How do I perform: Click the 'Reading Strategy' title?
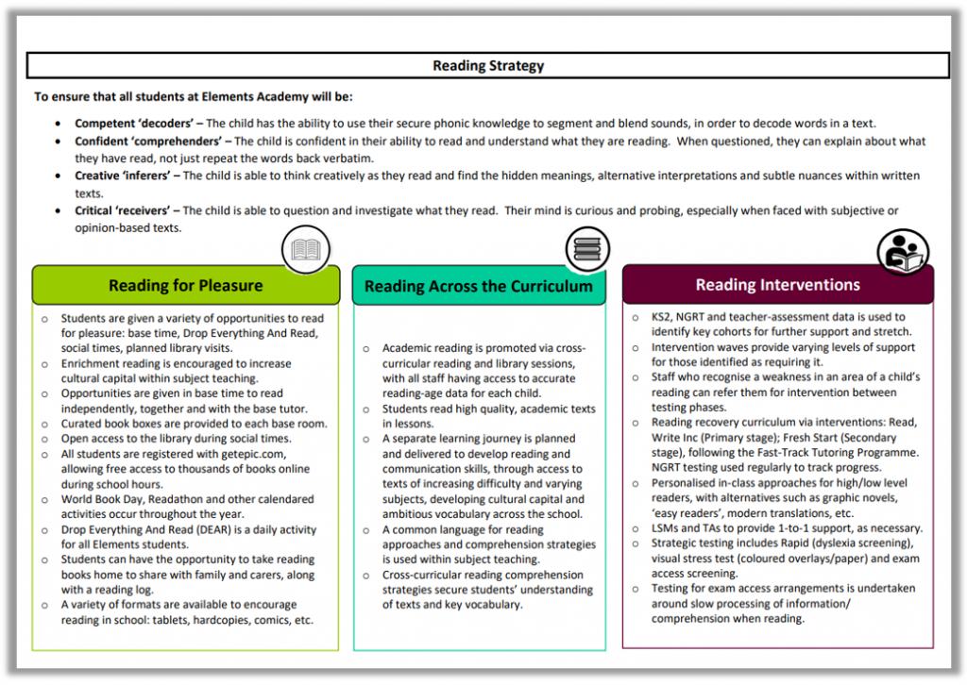point(488,66)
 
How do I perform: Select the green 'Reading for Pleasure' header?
point(185,285)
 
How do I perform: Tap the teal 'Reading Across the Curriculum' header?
point(479,286)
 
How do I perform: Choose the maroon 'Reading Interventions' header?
point(777,284)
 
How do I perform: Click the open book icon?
point(305,250)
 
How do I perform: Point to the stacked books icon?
point(587,250)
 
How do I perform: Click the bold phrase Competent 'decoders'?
point(137,124)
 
